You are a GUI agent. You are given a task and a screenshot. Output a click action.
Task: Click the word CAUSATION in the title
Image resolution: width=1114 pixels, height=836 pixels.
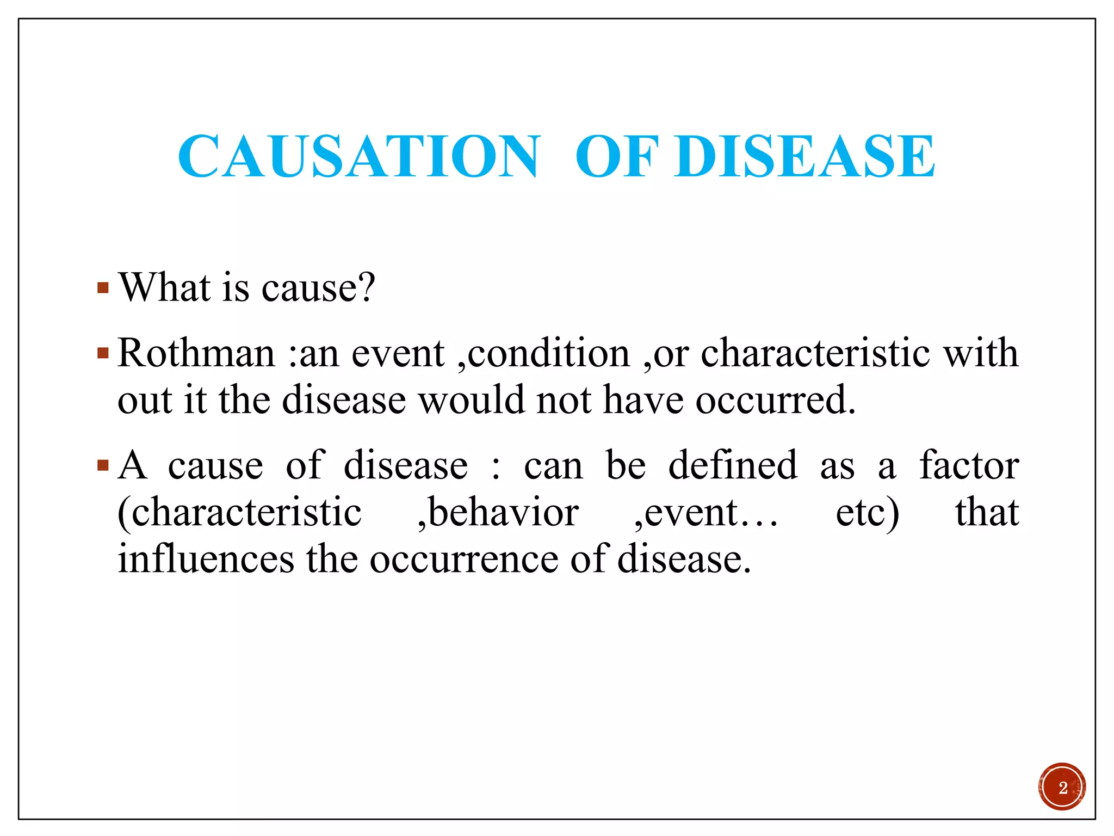pos(359,157)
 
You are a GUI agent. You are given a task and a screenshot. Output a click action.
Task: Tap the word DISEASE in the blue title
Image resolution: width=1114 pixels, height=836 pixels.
pos(805,157)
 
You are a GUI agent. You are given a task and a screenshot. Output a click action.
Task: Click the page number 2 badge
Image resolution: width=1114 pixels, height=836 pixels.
pos(1061,787)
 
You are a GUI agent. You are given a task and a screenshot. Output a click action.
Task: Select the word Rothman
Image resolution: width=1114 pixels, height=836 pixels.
pos(196,354)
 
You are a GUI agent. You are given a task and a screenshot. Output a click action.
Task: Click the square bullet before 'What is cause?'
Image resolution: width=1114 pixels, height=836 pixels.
pos(103,287)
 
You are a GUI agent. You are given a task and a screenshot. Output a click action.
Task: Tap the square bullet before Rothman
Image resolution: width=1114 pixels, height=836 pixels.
pos(103,354)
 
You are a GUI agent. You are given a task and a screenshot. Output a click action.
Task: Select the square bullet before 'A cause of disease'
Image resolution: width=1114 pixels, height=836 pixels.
pos(103,466)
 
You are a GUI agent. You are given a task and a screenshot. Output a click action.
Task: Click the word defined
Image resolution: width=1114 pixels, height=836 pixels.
pos(732,466)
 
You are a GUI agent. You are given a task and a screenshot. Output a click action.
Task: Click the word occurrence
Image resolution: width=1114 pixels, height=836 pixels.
pos(464,560)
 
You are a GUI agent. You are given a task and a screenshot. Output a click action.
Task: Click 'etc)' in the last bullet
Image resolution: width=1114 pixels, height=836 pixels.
pos(867,513)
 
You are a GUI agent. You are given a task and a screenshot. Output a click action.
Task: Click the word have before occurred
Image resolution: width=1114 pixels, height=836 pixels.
pos(643,401)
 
